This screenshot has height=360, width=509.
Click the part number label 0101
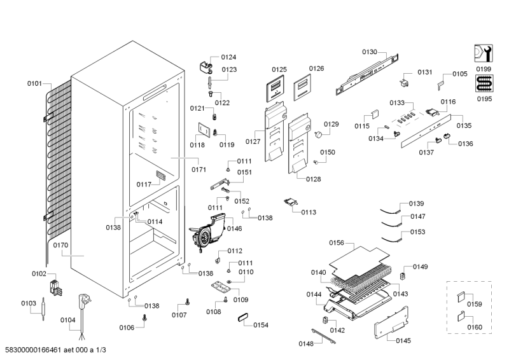point(34,83)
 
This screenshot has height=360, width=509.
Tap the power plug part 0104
point(85,303)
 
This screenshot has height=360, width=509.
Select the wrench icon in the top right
point(484,53)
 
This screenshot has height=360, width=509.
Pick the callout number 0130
point(370,52)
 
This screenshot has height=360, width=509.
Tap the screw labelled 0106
point(144,317)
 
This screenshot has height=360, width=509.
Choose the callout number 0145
point(403,341)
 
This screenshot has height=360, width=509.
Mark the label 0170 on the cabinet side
point(61,245)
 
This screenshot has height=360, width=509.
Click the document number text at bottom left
point(55,350)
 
